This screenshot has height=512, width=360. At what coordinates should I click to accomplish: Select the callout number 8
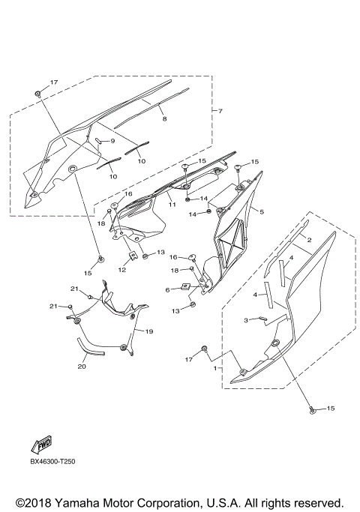point(164,118)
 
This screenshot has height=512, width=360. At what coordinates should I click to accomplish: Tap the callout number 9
point(112,141)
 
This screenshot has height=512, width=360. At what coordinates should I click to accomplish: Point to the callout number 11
point(172,204)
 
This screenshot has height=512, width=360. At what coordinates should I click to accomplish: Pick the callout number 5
point(262,211)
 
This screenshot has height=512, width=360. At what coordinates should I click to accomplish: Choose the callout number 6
point(167,289)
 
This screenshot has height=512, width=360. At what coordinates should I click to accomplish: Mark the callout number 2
point(308,241)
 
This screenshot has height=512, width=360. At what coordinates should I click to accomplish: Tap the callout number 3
point(244,320)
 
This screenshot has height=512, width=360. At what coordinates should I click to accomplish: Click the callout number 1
point(216,369)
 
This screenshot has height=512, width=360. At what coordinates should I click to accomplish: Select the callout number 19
point(148,331)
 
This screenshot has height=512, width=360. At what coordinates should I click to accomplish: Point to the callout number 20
point(82,367)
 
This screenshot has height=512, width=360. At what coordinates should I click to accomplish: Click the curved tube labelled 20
point(90,348)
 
